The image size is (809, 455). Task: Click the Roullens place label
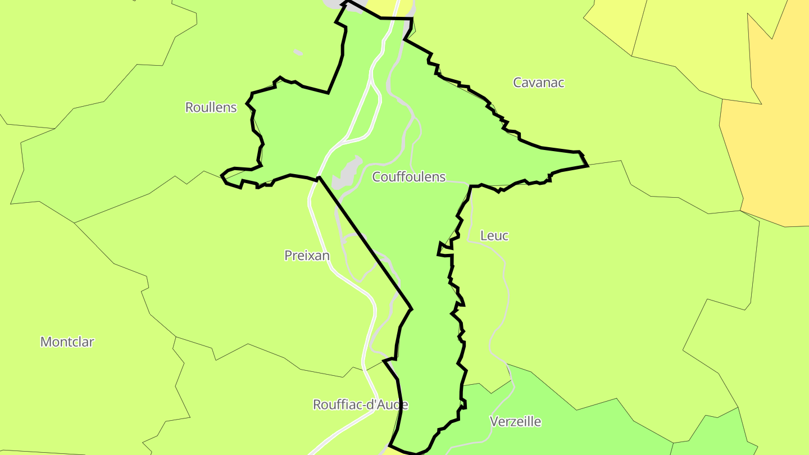(x=211, y=107)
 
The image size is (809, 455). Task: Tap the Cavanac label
(x=538, y=83)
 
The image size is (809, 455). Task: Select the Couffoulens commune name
(x=408, y=177)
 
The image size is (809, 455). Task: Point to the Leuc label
(x=494, y=236)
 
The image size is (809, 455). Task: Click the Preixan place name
(x=307, y=256)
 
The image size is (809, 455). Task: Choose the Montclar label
(x=67, y=342)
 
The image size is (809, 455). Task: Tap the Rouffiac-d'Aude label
(x=360, y=404)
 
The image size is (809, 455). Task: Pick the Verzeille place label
(x=515, y=421)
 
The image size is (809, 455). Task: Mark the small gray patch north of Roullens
(x=298, y=53)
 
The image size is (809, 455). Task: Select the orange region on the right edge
(x=770, y=140)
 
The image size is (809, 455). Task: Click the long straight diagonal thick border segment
(x=365, y=243)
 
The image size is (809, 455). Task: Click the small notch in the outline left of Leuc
(x=444, y=251)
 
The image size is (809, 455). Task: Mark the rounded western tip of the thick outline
(x=223, y=176)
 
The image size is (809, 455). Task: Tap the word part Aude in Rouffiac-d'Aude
(x=393, y=404)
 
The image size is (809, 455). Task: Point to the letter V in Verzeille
(x=494, y=421)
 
